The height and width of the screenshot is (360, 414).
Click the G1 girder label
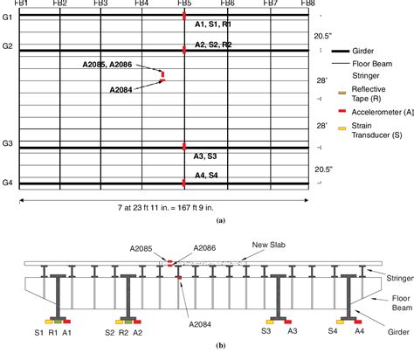pos(8,17)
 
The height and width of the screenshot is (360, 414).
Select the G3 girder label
pos(8,143)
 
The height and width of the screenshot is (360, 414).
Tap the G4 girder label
pos(8,182)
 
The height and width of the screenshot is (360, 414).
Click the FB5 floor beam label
pos(184,3)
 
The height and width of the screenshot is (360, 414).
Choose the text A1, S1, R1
pos(213,26)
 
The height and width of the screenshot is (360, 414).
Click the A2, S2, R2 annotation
pos(213,44)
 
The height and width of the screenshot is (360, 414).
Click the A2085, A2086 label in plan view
pos(110,65)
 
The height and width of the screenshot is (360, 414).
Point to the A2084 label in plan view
pos(123,89)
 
